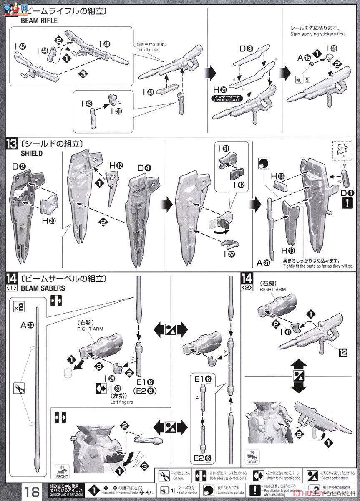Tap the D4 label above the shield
pos(145,169)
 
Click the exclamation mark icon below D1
pos(346,203)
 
